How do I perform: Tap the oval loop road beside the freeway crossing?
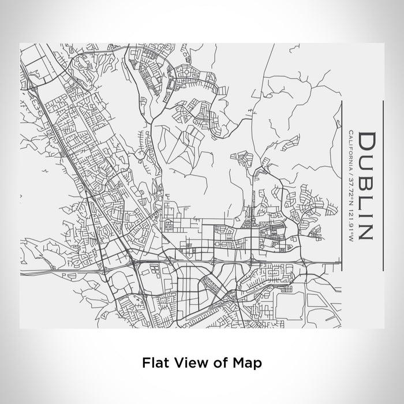point(118,283)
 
